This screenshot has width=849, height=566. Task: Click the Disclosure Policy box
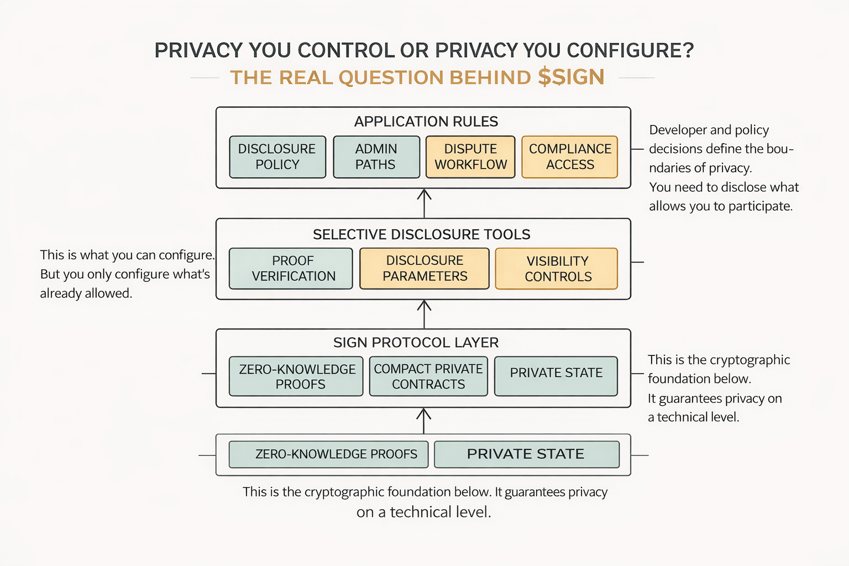tap(277, 157)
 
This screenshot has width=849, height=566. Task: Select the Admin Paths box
tap(376, 157)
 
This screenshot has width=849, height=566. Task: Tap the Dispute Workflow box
tap(470, 157)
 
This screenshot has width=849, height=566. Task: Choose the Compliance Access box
tap(570, 157)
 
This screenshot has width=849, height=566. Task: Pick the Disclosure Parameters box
tap(424, 269)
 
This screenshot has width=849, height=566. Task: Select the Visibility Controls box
tap(557, 269)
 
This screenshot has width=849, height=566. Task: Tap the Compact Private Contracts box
tap(428, 376)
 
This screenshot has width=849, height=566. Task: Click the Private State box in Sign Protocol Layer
tap(556, 376)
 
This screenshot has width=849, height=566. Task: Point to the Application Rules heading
tap(426, 122)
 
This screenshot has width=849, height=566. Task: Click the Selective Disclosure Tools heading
tap(422, 234)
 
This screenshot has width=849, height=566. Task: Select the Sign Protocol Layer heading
tap(416, 343)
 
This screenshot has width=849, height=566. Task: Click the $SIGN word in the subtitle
tap(571, 77)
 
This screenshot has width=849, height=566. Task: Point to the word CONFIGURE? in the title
tap(630, 50)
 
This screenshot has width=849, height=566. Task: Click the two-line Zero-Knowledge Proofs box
tap(297, 376)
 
